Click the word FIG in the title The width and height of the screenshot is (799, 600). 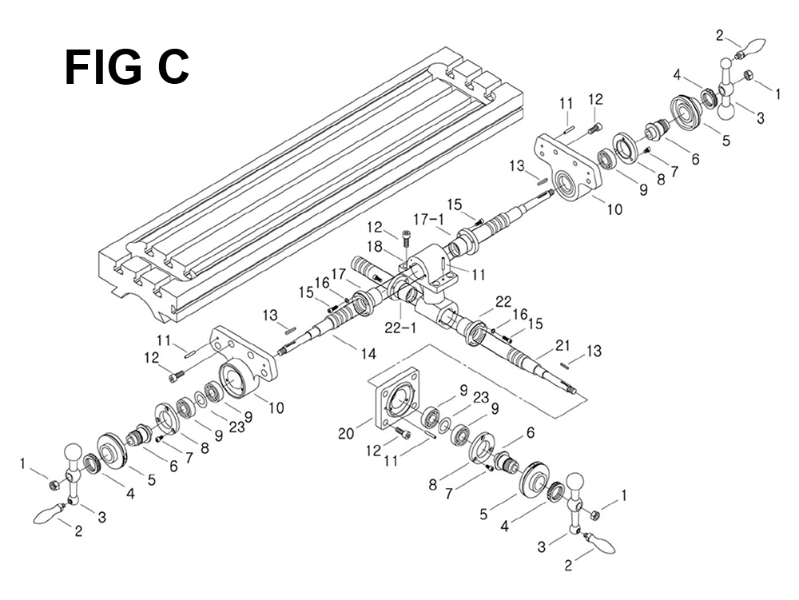point(104,67)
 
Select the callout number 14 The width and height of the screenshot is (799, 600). point(368,353)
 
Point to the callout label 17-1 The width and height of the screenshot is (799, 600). point(428,220)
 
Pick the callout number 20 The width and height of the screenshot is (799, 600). point(347,434)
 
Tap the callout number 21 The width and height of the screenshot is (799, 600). point(562,345)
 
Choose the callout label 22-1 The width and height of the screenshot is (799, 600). point(400,328)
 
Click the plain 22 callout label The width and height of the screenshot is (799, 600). point(503,301)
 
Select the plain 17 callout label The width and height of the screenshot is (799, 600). point(339,273)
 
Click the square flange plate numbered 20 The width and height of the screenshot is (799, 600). point(397,397)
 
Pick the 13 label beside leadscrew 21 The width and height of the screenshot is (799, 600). point(594,351)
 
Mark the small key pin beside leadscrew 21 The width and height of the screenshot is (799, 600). point(565,364)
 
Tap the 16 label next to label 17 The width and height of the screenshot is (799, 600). point(322,282)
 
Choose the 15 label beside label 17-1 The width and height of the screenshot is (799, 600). point(455,205)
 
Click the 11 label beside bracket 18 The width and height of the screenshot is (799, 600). point(478,275)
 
